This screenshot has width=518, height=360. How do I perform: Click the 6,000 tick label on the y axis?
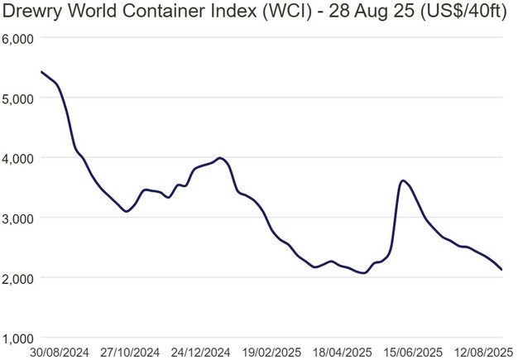point(17,38)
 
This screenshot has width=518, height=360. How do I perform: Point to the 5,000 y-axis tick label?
point(17,98)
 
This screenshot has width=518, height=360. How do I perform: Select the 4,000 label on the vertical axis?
point(17,158)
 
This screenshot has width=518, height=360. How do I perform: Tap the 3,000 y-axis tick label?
point(17,218)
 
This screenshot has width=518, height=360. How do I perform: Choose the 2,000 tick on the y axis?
point(17,278)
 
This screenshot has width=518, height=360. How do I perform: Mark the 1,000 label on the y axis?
point(17,338)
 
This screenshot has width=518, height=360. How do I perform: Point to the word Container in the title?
point(185,13)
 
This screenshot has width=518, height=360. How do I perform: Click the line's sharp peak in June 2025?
point(402,180)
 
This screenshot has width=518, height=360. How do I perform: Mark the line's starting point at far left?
point(41,72)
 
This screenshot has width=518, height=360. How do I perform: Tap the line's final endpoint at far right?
point(501,270)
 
